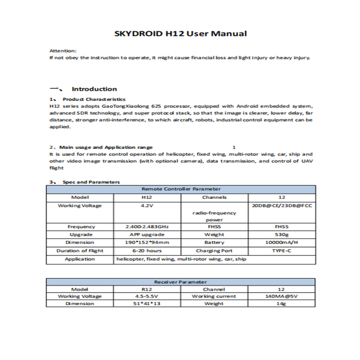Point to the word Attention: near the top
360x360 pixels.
[x=63, y=51]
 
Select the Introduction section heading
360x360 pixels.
[x=94, y=89]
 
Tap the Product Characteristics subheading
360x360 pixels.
[x=94, y=99]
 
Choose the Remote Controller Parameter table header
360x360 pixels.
[x=181, y=189]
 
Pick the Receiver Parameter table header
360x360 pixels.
[x=180, y=282]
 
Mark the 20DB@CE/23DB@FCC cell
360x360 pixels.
[x=282, y=206]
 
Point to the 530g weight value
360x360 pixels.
[x=282, y=234]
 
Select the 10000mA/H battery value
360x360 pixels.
[x=282, y=243]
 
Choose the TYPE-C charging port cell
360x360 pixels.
[x=282, y=251]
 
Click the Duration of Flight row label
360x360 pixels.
[x=80, y=251]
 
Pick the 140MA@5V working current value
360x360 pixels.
[x=282, y=297]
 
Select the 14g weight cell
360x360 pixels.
[x=282, y=304]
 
